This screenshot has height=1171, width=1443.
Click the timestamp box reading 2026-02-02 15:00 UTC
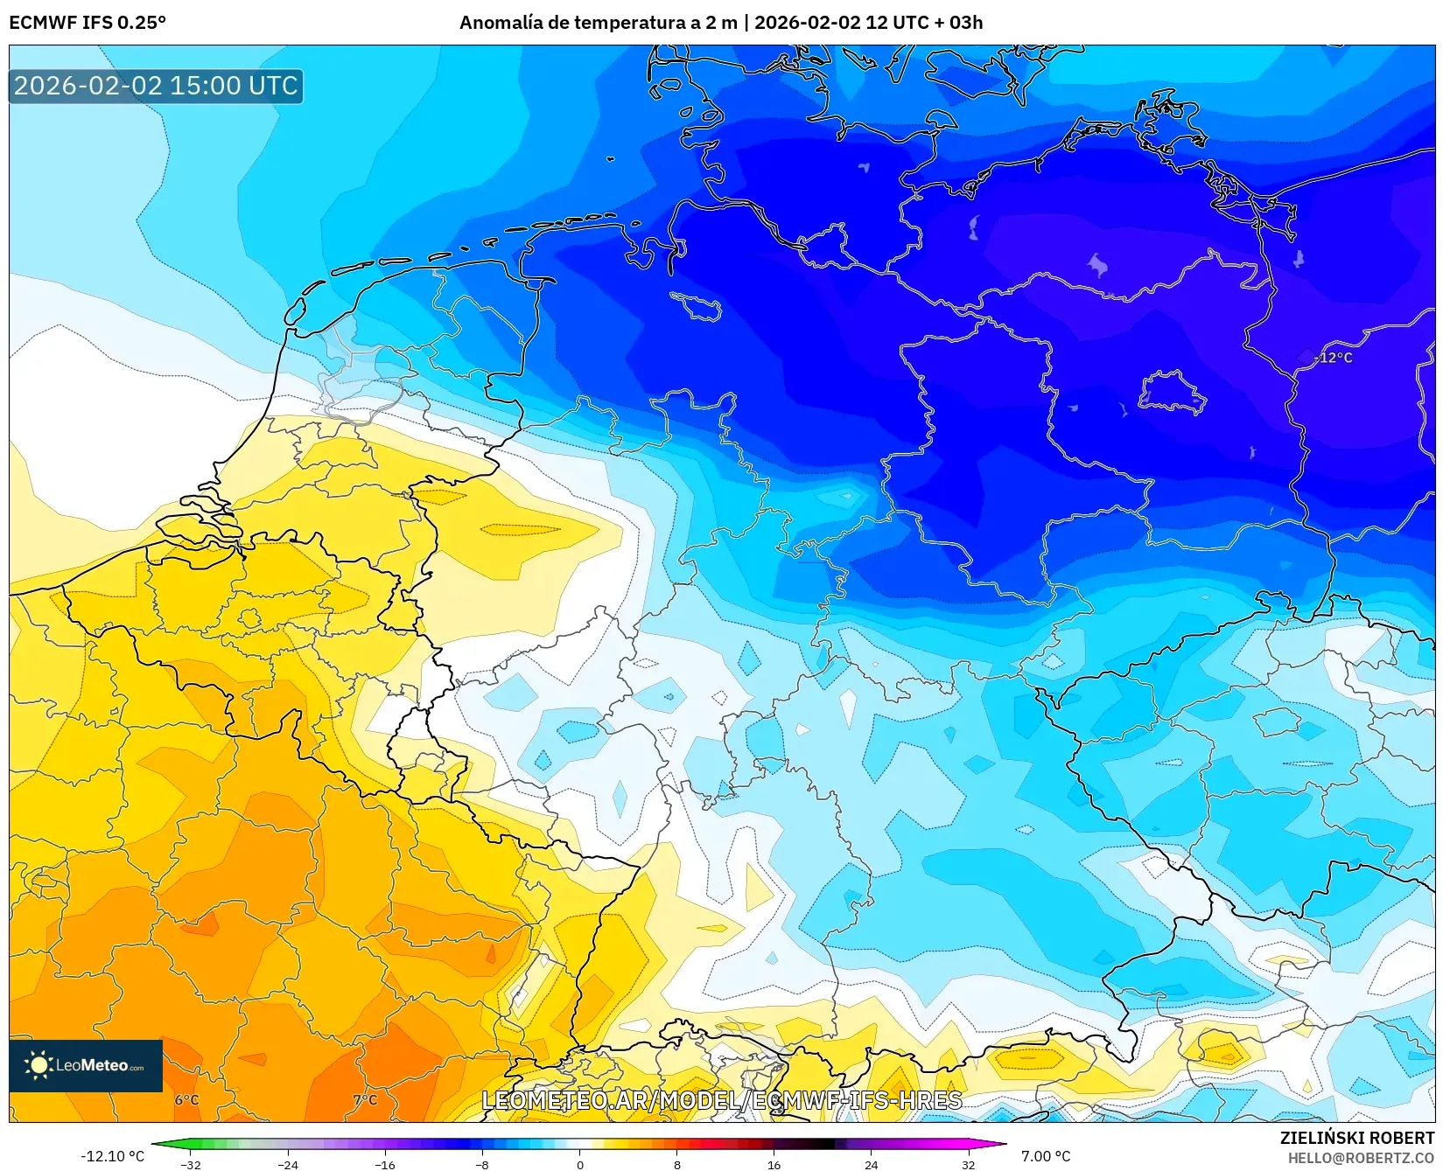156,86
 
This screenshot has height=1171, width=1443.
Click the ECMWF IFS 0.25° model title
88,23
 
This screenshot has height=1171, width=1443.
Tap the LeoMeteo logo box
86,1065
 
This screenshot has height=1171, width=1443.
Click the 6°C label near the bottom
186,1100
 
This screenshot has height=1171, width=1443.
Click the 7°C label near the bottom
365,1100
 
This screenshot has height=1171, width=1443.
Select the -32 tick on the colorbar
191,1164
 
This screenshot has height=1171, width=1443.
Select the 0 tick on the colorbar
579,1164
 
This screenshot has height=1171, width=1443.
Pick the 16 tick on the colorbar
774,1164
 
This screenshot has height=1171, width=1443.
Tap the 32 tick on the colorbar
968,1164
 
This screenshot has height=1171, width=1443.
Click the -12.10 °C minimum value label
112,1156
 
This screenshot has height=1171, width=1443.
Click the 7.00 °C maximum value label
1046,1156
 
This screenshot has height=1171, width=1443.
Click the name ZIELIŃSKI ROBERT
1357,1138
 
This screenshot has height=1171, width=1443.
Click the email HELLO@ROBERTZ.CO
1361,1158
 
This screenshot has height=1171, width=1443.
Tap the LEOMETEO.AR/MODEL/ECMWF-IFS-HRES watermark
722,1100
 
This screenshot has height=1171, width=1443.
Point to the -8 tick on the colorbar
482,1164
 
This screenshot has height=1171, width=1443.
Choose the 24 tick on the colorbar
871,1164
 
